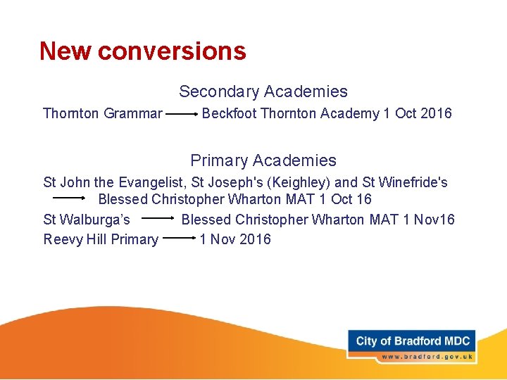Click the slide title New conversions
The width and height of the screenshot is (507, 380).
coord(143,51)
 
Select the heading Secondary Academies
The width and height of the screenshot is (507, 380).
coord(263,91)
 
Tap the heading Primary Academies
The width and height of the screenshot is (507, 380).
coord(263,160)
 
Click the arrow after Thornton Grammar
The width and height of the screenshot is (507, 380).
coord(182,113)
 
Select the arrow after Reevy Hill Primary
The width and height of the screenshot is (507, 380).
coord(179,239)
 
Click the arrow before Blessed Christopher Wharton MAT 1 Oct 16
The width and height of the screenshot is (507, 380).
coord(69,199)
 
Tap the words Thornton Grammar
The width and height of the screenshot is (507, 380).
coord(103,113)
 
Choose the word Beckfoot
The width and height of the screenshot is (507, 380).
coord(229,113)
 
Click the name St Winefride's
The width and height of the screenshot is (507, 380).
coord(405,182)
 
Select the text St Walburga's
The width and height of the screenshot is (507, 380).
coord(87,220)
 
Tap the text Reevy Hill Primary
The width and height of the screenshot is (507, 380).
coord(101,239)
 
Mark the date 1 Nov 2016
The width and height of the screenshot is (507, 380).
coord(235,239)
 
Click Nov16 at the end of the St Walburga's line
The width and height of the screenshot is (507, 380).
coord(434,220)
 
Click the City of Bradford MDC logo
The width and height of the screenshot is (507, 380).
coord(412,341)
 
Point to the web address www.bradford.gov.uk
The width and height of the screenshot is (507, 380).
coord(425,357)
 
